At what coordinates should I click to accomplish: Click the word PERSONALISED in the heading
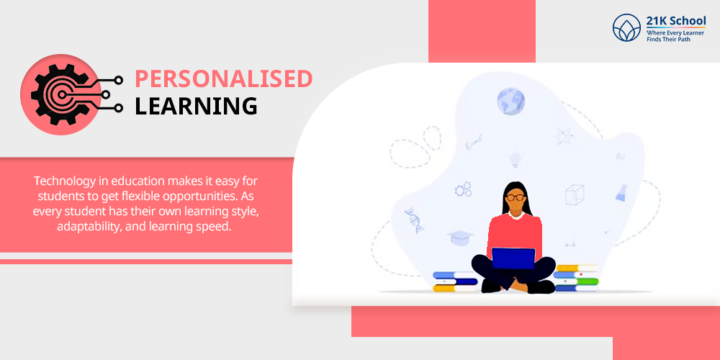224,79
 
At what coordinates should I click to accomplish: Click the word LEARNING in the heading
196,106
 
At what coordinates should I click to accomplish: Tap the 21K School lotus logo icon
626,27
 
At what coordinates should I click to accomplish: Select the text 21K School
676,21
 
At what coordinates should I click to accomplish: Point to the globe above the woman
510,102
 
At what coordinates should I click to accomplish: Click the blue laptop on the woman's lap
513,258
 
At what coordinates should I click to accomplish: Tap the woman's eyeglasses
516,197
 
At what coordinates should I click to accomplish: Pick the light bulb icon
515,160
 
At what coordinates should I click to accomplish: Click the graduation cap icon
460,238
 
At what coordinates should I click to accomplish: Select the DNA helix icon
414,220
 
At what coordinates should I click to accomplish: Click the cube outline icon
575,194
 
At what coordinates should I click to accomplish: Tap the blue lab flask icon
622,193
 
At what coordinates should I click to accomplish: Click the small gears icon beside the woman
463,189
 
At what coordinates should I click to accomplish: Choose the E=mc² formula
474,142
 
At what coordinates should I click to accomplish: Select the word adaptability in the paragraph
87,227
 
